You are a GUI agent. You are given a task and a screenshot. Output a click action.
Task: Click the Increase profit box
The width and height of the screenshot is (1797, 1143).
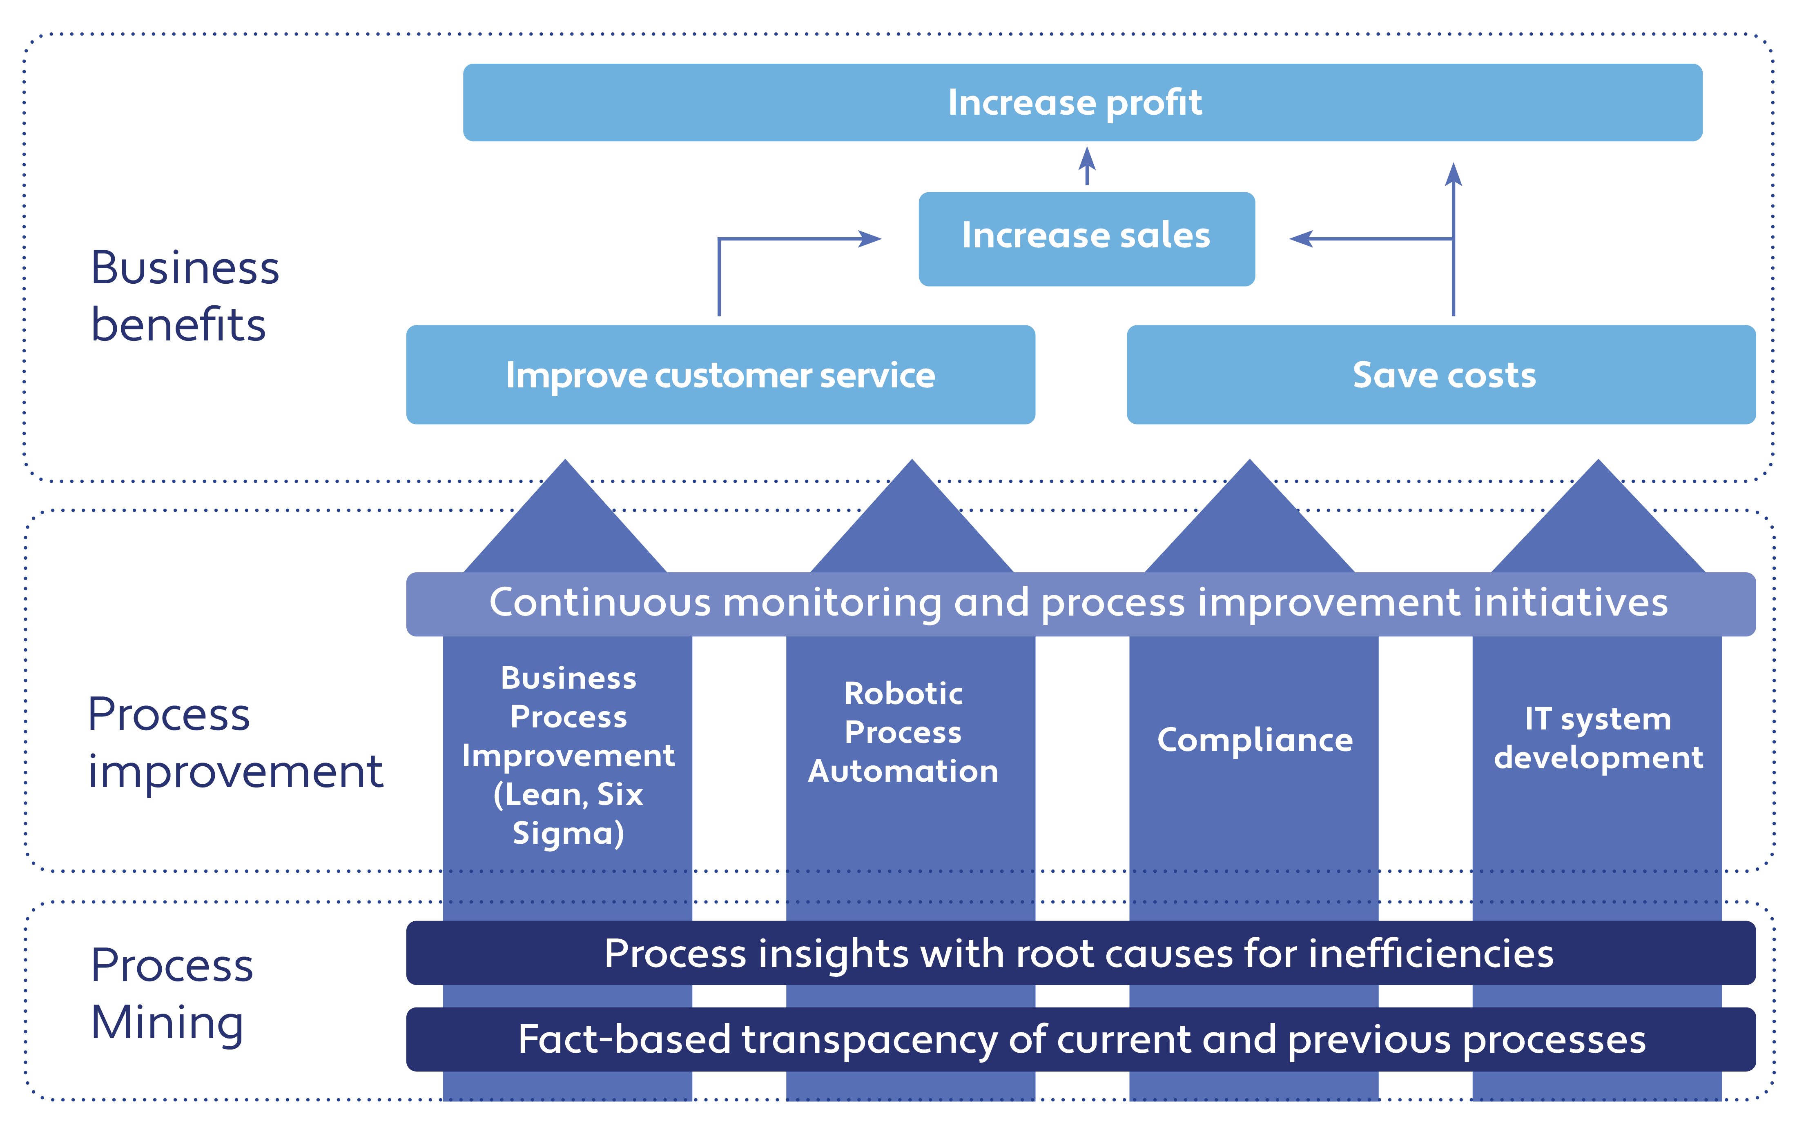(x=1082, y=102)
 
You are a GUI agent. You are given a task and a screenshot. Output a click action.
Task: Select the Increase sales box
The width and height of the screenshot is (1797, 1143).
(x=1086, y=239)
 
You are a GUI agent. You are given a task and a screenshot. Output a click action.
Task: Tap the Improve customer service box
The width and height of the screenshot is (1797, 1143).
(x=720, y=374)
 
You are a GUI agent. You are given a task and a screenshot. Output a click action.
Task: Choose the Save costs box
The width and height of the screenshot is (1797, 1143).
(x=1440, y=374)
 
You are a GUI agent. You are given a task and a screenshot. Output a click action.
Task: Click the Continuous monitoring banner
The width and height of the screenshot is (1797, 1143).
(x=1081, y=603)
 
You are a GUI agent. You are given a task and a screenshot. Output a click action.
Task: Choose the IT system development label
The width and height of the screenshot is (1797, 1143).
(x=1598, y=738)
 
